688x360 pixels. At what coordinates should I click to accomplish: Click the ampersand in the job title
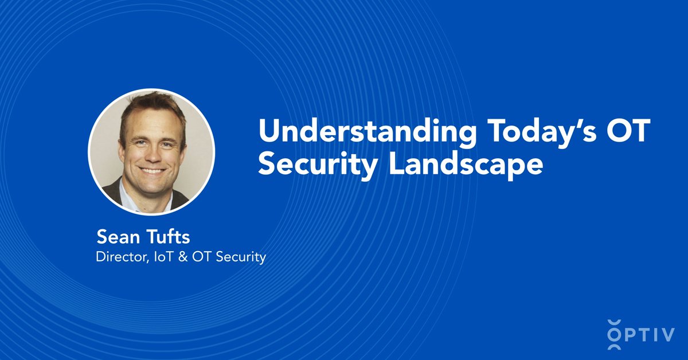coord(177,257)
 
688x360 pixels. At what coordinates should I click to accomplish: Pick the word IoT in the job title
coord(159,257)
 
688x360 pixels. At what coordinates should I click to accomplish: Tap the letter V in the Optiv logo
coord(668,335)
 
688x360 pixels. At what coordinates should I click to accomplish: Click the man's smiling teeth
coord(152,170)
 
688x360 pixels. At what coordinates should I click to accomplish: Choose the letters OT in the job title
coord(194,257)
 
